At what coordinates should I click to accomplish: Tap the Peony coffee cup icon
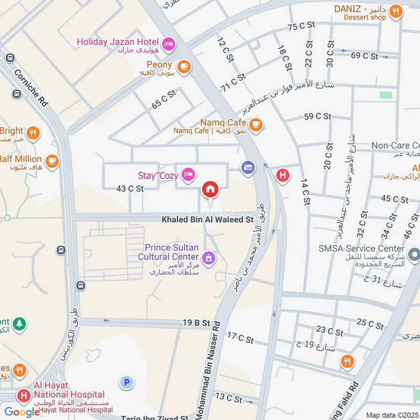[x=183, y=66]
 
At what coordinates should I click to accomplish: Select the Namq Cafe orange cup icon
[x=256, y=124]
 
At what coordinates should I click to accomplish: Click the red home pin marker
[x=210, y=190]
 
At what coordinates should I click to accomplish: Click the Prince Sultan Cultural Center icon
[x=208, y=257]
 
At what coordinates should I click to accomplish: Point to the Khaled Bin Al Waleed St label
[x=207, y=219]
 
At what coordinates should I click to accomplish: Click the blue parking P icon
[x=126, y=382]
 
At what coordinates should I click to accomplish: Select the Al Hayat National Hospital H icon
[x=23, y=395]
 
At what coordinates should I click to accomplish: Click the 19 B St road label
[x=197, y=324]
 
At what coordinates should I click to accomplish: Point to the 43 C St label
[x=130, y=188]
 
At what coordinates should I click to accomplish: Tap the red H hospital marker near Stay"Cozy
[x=282, y=175]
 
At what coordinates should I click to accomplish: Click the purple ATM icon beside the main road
[x=247, y=167]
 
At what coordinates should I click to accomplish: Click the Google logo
[x=22, y=412]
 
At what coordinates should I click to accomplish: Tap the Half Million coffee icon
[x=51, y=161]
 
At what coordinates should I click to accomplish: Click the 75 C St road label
[x=301, y=26]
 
